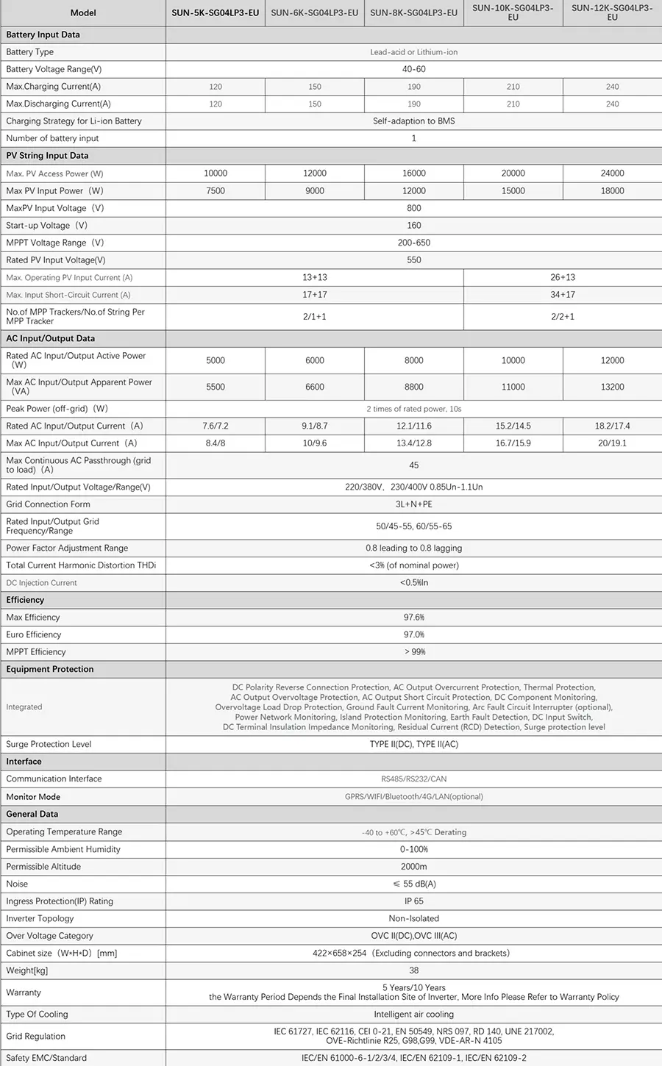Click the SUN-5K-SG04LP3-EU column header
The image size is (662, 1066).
point(215,12)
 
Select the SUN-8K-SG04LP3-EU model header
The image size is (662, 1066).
point(413,12)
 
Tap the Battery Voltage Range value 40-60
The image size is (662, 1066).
point(413,69)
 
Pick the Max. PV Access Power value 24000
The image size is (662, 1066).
point(612,174)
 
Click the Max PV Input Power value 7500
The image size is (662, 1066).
point(215,190)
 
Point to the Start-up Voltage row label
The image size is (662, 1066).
point(46,226)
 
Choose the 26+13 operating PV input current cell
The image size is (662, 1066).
point(563,277)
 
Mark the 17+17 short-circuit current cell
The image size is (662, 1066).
point(314,295)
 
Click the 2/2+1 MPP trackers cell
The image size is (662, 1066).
point(563,317)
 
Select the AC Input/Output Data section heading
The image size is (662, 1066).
point(50,339)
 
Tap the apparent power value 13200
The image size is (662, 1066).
point(612,387)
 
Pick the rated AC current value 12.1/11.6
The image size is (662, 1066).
point(413,426)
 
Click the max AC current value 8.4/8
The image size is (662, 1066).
point(215,443)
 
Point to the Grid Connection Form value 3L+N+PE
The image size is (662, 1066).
point(413,504)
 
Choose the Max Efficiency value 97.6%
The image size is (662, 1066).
point(413,618)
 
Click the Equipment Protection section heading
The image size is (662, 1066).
point(50,670)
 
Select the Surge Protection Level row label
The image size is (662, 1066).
point(49,744)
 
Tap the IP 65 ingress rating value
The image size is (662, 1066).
point(413,901)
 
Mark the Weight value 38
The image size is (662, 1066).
point(413,970)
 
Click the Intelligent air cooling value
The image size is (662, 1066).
point(413,1015)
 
